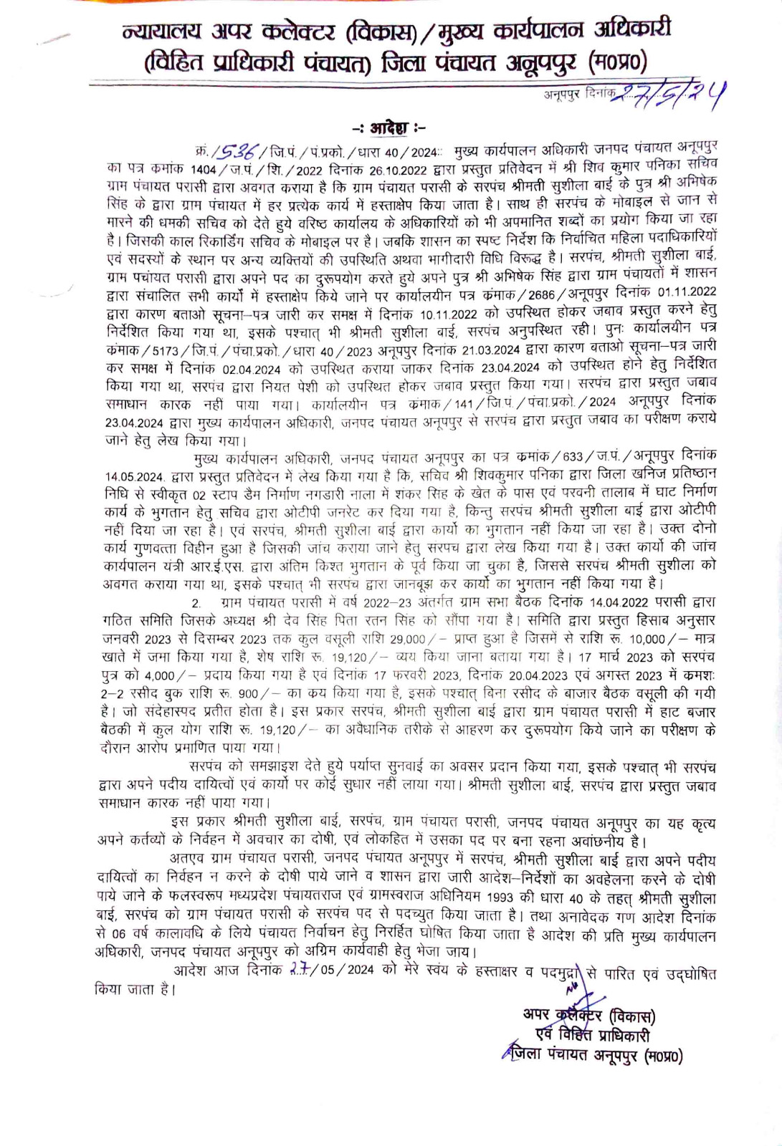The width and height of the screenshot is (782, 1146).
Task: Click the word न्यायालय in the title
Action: point(161,32)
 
